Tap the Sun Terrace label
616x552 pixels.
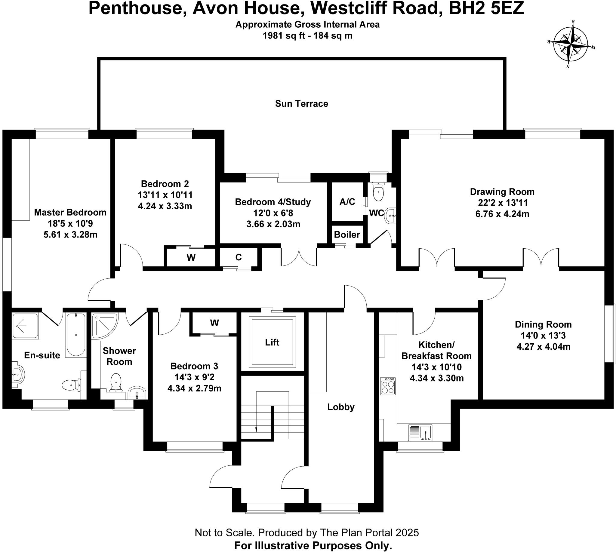click(301, 104)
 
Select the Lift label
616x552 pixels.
click(272, 342)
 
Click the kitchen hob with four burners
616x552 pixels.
click(388, 386)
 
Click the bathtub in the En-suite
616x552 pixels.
click(75, 335)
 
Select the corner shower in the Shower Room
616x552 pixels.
click(104, 325)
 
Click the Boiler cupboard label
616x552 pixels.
click(347, 235)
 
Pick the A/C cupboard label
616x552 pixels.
click(347, 202)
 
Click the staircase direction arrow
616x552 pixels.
click(256, 429)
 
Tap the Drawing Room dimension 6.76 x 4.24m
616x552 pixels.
click(502, 214)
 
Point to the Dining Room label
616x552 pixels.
click(543, 324)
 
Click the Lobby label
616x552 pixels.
click(341, 407)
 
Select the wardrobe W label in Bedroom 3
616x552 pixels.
click(214, 323)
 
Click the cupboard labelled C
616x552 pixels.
click(239, 257)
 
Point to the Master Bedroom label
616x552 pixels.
click(70, 212)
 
